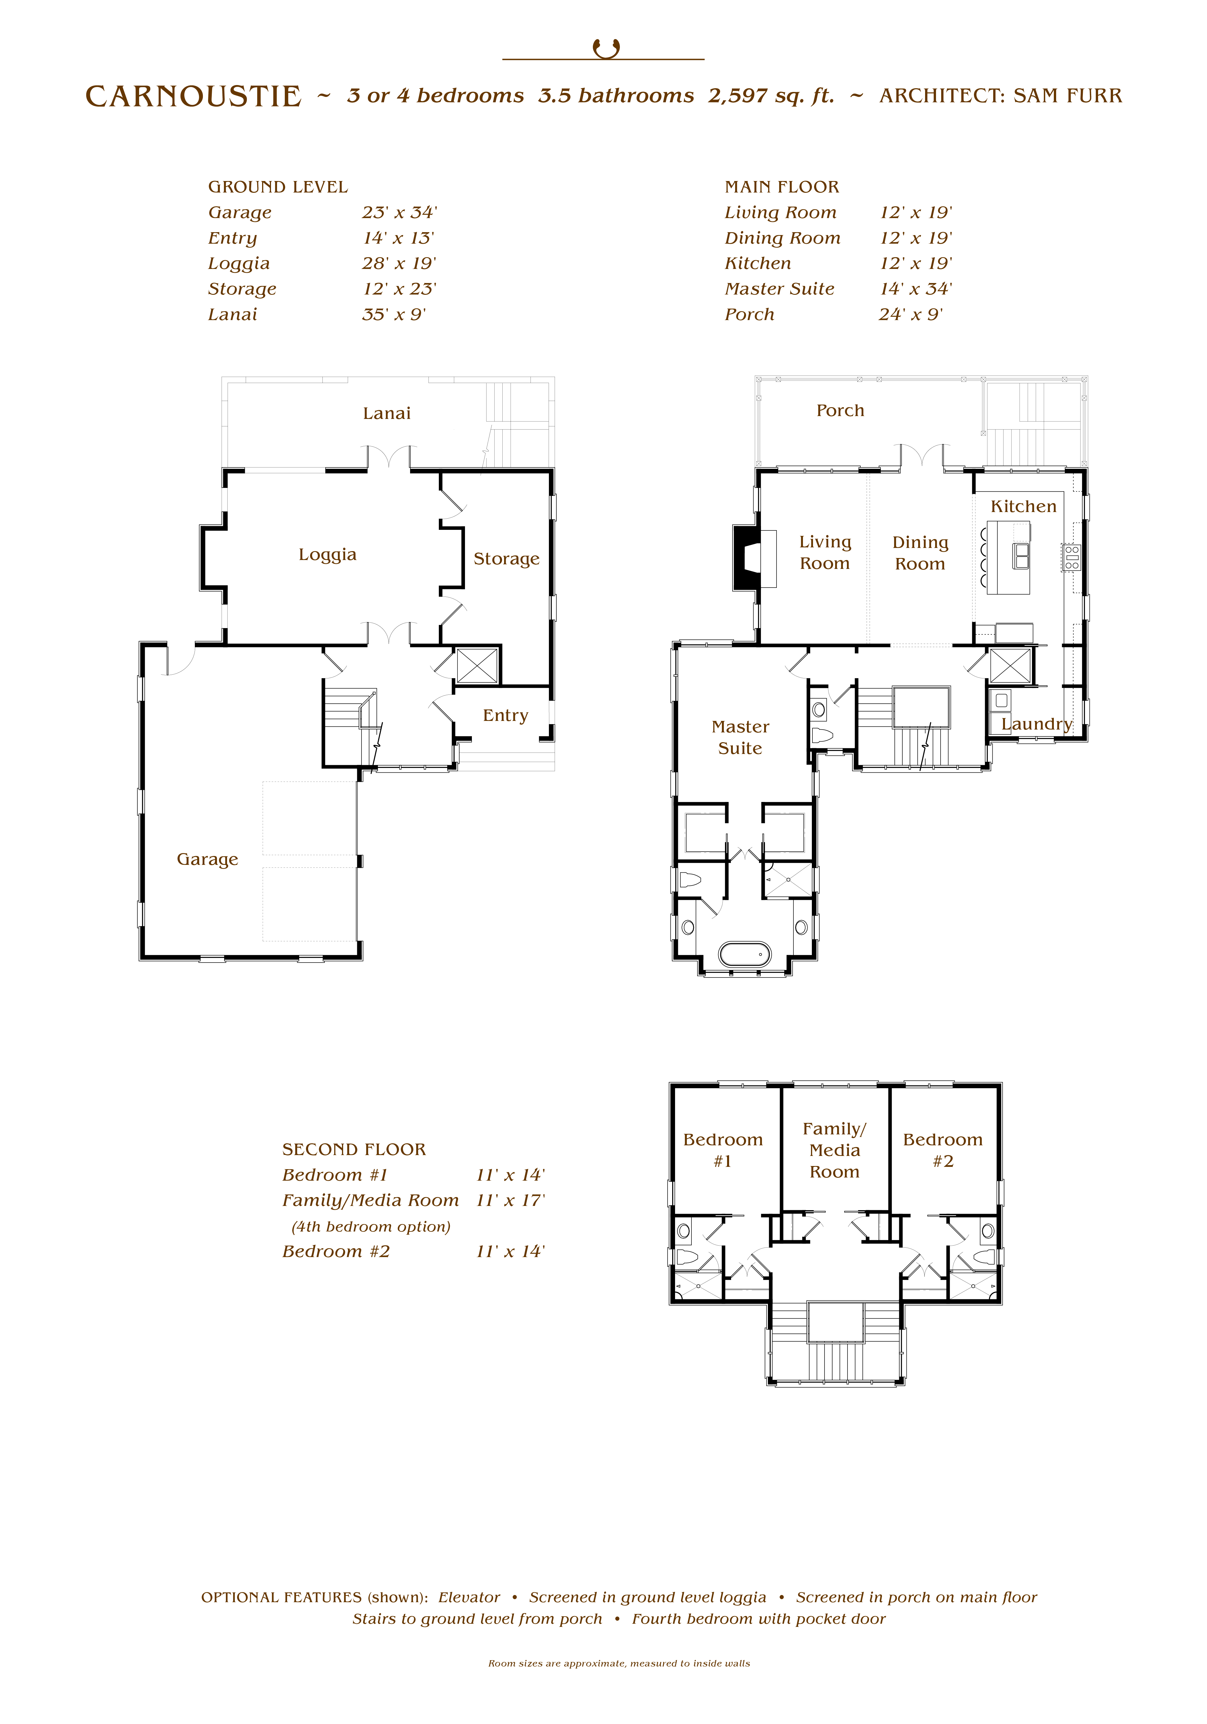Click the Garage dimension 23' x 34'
(399, 213)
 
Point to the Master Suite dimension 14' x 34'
(916, 289)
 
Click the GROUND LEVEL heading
(278, 187)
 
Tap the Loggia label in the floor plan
(328, 555)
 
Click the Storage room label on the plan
(506, 559)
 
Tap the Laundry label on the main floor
(1037, 724)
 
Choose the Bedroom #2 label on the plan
(943, 1150)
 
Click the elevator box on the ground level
(477, 665)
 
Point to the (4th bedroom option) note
(371, 1227)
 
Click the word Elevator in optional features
(469, 1597)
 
